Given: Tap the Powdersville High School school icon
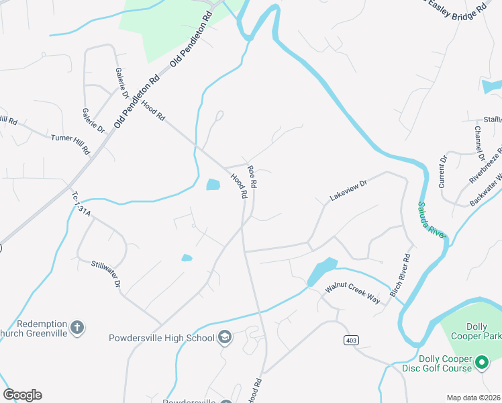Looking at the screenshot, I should tap(225, 337).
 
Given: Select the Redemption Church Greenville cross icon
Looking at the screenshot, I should tap(78, 327).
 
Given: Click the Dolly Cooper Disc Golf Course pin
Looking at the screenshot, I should tap(481, 363).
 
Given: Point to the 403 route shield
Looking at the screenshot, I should tap(350, 341).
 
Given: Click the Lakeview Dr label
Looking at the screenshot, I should tap(349, 190).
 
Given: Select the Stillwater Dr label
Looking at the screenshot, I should tap(106, 275).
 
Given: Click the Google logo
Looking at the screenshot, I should tap(22, 395).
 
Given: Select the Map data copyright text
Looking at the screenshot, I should tap(473, 398).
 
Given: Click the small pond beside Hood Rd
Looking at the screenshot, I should tap(213, 184).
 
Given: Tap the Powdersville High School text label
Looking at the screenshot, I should tap(162, 338).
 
